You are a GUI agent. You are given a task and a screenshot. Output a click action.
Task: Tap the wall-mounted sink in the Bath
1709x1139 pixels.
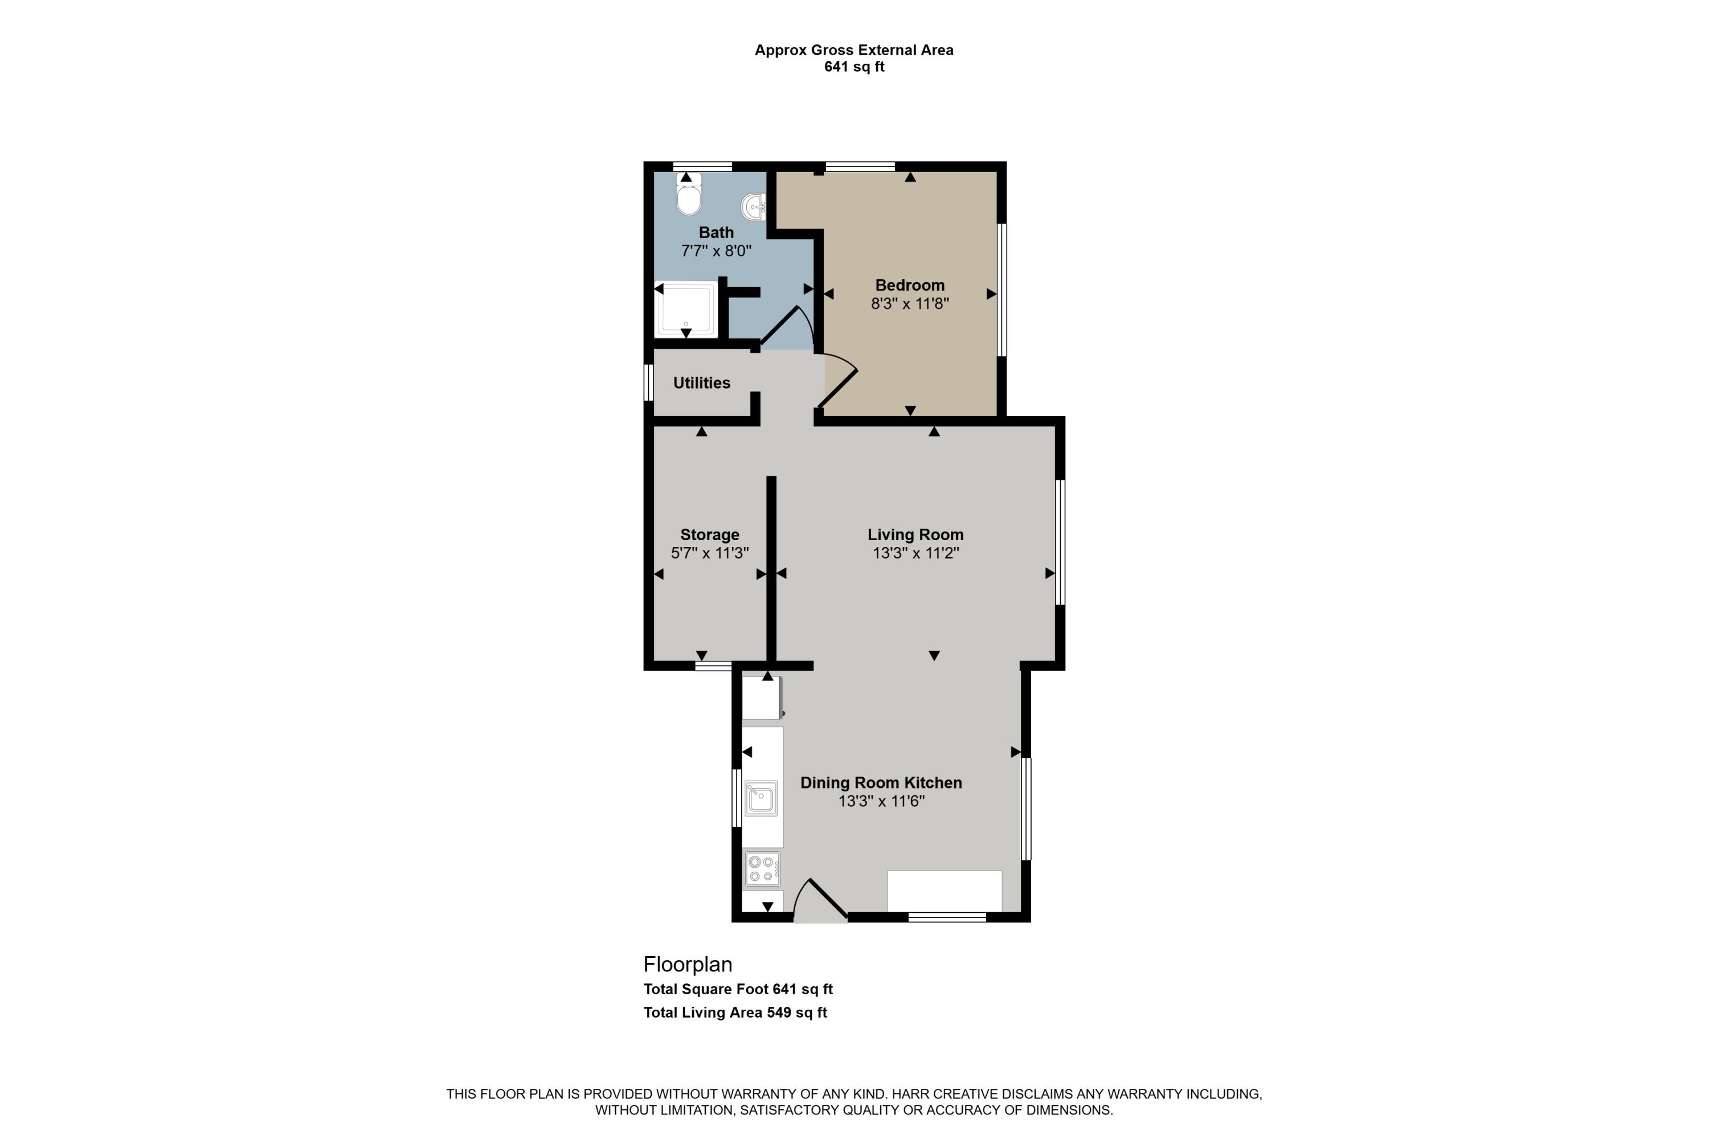754,206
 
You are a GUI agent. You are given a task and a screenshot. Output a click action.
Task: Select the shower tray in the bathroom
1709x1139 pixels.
685,309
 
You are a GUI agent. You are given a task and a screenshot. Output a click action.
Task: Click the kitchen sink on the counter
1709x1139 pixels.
761,798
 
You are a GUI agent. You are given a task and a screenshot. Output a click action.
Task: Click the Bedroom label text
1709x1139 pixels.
909,285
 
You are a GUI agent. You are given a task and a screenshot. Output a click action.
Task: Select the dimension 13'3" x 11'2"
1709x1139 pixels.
915,553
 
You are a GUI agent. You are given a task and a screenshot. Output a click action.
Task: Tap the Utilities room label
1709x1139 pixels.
701,383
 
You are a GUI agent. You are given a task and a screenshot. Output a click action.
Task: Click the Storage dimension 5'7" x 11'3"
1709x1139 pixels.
710,553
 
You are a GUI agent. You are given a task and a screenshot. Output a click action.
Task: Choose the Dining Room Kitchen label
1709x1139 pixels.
880,782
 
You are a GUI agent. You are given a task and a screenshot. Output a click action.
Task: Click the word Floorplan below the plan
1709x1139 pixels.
687,964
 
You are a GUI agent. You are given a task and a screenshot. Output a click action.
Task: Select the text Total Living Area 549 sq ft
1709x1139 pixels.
734,1012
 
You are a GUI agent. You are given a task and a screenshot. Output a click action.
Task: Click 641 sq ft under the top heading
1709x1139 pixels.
853,67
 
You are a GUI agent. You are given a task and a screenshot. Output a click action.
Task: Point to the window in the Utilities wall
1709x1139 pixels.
649,382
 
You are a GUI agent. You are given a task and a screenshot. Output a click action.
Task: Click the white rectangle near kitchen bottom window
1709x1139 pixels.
943,891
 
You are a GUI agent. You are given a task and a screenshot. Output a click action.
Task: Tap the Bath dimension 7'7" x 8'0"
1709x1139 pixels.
716,251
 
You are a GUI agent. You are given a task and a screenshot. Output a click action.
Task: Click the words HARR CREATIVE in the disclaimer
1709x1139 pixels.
938,1094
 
